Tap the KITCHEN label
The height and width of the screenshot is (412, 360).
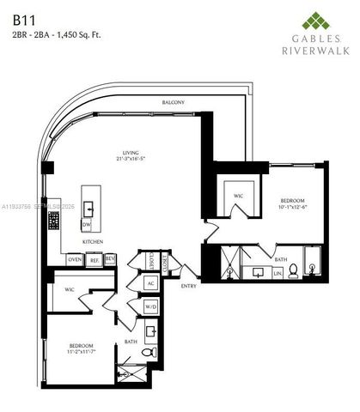point(93,242)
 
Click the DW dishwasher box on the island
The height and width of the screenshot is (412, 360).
point(87,224)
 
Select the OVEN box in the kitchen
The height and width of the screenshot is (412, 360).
point(75,259)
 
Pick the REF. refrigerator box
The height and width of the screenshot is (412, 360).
point(94,259)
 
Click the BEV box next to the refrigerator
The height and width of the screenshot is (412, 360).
point(110,259)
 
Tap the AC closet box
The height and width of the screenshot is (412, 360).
point(150,282)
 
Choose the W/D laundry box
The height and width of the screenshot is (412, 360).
point(150,306)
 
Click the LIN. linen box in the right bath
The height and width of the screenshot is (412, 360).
point(278,273)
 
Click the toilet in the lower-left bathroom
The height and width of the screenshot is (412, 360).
point(150,352)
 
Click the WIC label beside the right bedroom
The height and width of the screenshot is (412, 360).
point(238,196)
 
